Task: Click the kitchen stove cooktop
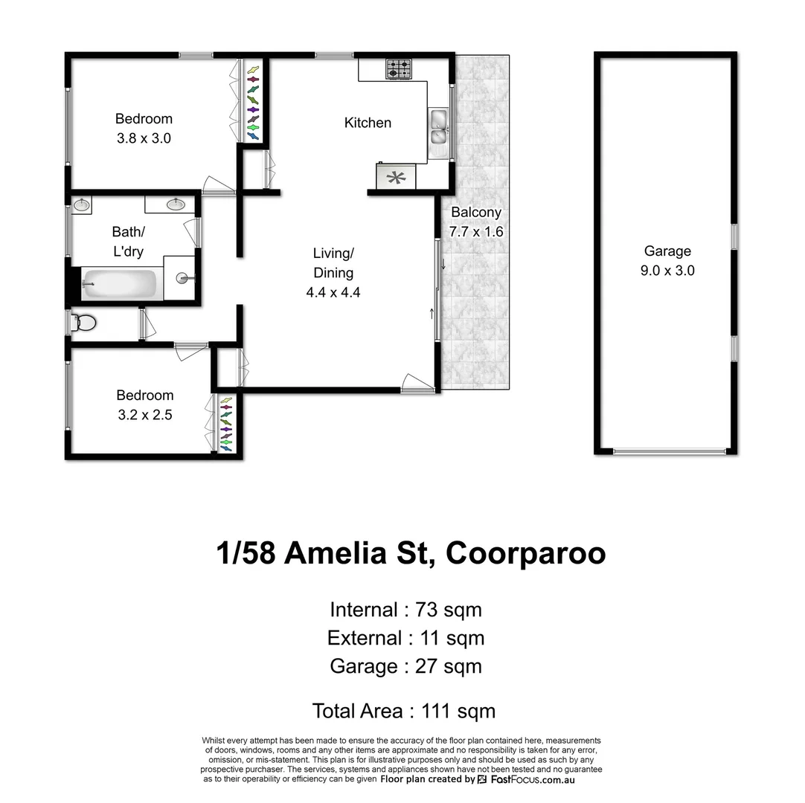click(x=398, y=70)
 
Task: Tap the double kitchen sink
click(x=437, y=126)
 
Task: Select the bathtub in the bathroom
click(x=120, y=285)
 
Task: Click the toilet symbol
click(x=83, y=323)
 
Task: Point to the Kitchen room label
click(x=368, y=123)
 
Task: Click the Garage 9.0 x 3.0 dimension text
click(x=667, y=271)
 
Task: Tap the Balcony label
click(x=476, y=212)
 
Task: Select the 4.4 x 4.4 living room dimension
click(x=333, y=292)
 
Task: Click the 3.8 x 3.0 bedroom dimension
click(x=144, y=138)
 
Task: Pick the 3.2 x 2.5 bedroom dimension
click(x=144, y=415)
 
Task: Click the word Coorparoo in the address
click(x=525, y=554)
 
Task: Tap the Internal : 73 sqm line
click(x=405, y=610)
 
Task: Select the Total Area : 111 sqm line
click(x=403, y=711)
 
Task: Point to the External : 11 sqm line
click(x=405, y=638)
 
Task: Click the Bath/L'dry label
click(x=128, y=242)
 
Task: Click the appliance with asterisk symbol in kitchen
click(x=396, y=177)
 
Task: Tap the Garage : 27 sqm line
click(x=405, y=665)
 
